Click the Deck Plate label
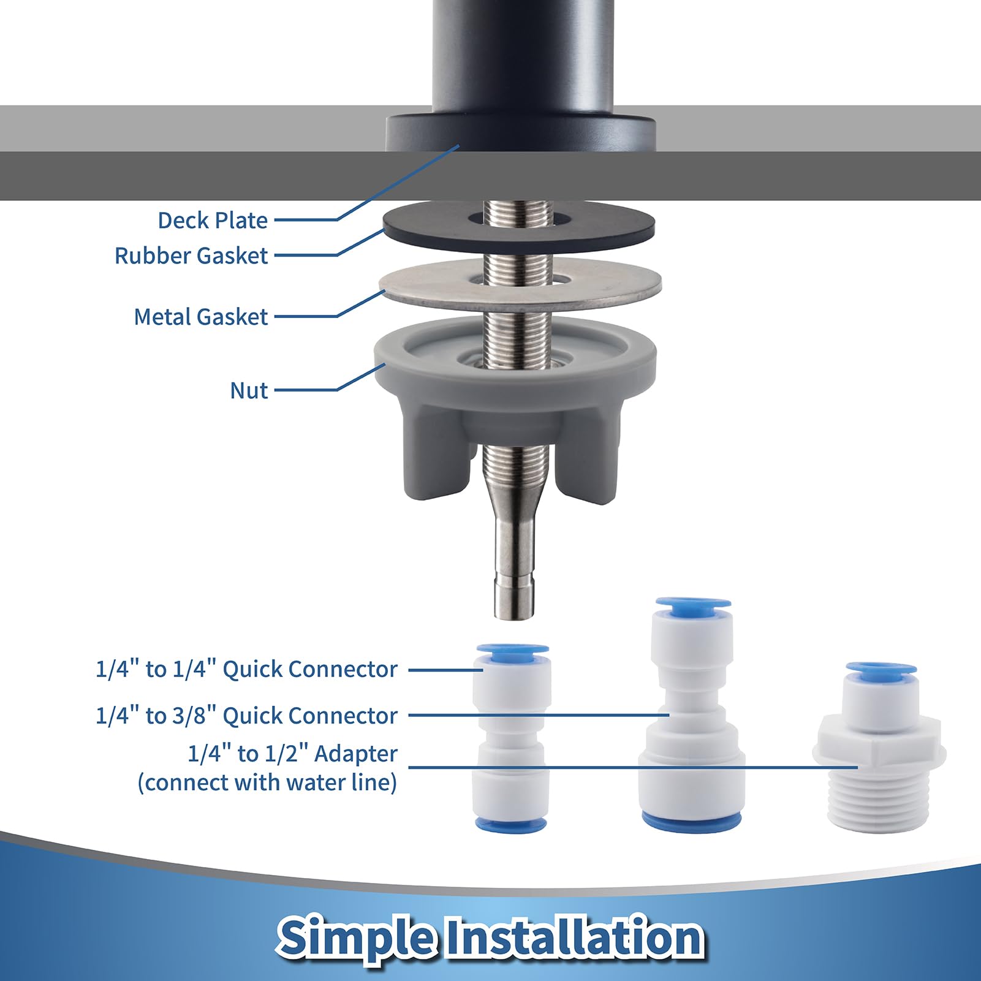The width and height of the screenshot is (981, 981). tap(213, 220)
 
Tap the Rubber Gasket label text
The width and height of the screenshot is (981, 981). tap(191, 256)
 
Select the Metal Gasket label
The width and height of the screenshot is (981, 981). tap(201, 317)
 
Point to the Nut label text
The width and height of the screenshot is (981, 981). tap(249, 390)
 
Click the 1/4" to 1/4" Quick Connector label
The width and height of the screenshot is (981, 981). tap(246, 669)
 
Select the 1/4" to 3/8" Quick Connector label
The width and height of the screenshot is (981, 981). tap(246, 716)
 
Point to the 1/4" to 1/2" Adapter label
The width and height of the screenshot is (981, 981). tap(292, 754)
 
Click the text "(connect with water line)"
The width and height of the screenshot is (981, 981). tap(267, 782)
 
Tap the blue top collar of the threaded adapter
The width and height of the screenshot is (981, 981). tap(881, 670)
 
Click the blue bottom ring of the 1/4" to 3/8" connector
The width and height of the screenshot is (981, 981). tap(692, 820)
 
